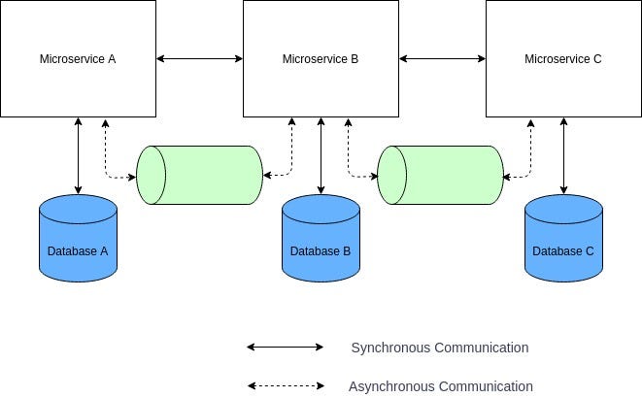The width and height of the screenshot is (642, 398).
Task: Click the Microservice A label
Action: tap(78, 59)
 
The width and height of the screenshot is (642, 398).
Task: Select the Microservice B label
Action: tap(321, 59)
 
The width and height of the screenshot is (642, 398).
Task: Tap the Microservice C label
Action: tap(563, 59)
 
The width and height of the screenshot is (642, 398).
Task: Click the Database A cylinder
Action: tap(78, 243)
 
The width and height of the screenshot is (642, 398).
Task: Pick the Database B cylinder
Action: tap(321, 243)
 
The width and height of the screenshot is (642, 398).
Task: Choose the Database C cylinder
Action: tap(563, 243)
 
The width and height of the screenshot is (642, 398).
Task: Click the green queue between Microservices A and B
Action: tap(200, 175)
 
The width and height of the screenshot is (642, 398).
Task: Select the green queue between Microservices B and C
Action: tap(441, 175)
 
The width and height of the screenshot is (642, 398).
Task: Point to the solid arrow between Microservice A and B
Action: tap(199, 59)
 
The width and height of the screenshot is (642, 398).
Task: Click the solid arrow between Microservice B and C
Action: tap(442, 59)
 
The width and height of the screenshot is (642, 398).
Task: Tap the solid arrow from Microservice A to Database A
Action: tap(78, 155)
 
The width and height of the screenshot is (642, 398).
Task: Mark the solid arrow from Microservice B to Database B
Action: tap(321, 155)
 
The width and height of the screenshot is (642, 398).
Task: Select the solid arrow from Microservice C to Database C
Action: tap(563, 155)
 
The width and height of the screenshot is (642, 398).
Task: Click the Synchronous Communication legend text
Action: tap(440, 348)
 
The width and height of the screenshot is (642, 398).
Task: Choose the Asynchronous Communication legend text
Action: tap(441, 386)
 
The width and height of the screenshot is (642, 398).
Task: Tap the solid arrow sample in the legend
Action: tap(286, 347)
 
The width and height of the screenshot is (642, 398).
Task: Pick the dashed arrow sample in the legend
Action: tap(286, 385)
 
